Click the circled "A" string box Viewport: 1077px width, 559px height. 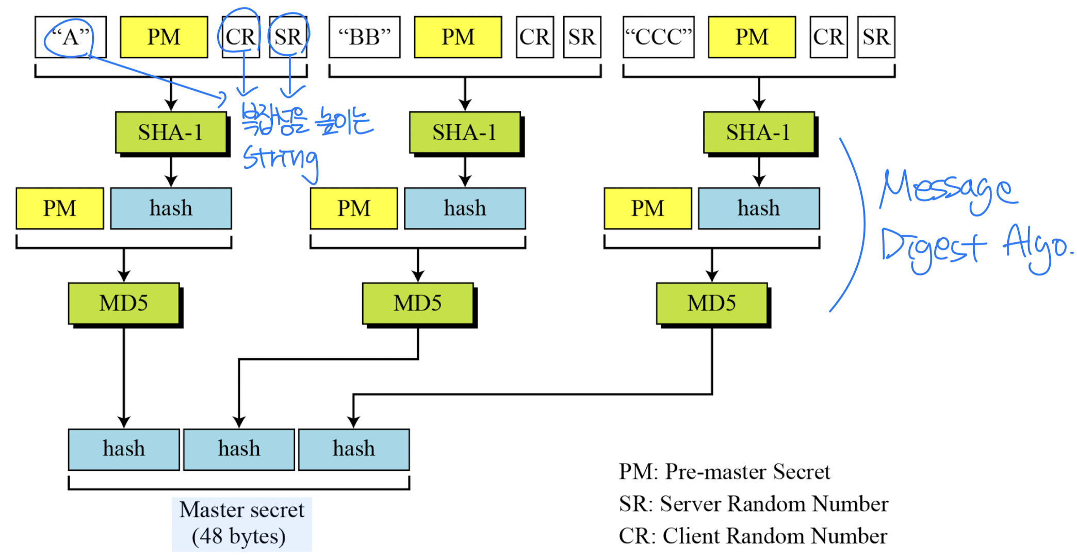71,37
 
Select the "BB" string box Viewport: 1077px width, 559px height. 365,37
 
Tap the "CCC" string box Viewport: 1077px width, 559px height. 659,37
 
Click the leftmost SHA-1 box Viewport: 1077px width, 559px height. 171,133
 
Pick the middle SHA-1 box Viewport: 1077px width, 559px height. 465,133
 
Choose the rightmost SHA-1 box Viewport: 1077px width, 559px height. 759,133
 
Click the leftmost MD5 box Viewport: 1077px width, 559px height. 124,303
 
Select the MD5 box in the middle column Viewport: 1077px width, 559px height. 418,303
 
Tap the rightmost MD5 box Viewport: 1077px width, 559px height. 712,303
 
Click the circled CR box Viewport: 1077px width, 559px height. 241,37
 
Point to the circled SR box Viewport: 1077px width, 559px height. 288,37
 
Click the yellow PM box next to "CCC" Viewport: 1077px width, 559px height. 752,37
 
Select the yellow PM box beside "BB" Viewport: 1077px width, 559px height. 458,37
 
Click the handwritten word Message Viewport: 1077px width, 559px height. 948,190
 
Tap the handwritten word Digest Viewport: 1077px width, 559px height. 933,248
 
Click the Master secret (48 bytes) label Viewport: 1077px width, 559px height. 242,523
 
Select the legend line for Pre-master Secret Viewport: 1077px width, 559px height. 724,472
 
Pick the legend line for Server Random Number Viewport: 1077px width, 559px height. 754,504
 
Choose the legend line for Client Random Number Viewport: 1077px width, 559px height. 753,536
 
